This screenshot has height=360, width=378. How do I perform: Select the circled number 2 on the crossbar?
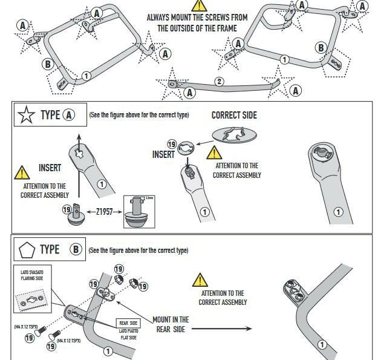(219, 82)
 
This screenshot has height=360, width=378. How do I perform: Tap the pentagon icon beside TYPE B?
(27, 249)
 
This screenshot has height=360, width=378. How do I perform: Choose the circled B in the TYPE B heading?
(76, 249)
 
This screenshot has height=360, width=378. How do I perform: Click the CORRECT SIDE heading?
(234, 115)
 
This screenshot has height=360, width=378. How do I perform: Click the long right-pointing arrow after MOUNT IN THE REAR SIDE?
(230, 329)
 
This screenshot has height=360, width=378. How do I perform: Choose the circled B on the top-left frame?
(47, 64)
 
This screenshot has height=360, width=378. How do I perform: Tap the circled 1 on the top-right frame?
(284, 59)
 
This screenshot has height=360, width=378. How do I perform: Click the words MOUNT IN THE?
(171, 319)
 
